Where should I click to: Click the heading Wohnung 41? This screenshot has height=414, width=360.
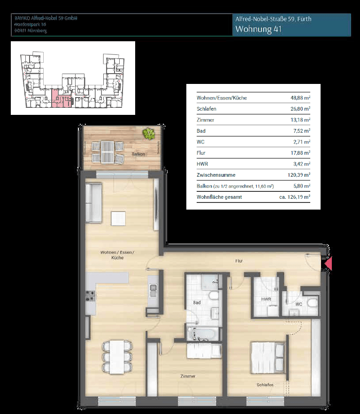pyautogui.click(x=259, y=29)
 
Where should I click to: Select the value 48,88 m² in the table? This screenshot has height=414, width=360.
pyautogui.click(x=300, y=98)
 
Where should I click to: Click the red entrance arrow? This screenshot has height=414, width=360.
pyautogui.click(x=329, y=264)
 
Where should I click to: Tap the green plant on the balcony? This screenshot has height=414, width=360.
pyautogui.click(x=149, y=134)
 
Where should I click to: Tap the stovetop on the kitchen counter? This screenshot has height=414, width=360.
pyautogui.click(x=90, y=296)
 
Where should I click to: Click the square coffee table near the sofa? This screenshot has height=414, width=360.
pyautogui.click(x=118, y=218)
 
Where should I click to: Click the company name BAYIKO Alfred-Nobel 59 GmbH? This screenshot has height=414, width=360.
pyautogui.click(x=46, y=18)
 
